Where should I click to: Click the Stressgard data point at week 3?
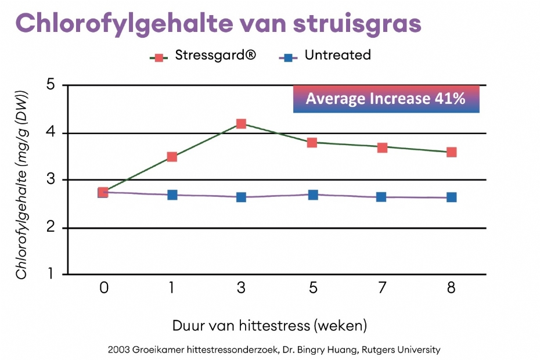point(241,124)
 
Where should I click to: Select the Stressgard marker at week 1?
point(172,157)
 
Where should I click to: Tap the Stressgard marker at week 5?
point(312,143)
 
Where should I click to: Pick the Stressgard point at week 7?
point(382,148)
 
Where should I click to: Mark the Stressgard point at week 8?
point(452,152)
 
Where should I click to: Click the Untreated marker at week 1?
point(172,195)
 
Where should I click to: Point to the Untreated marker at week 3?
point(241,197)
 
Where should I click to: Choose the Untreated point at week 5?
point(313,195)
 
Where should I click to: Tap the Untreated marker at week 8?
point(452,197)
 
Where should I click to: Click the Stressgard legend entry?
point(203,56)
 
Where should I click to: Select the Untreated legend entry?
point(325,56)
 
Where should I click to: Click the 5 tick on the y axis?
point(51,84)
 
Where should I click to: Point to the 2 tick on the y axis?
point(51,227)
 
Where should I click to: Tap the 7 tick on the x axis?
point(382,287)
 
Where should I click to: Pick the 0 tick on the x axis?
point(104,287)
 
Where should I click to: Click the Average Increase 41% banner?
point(386,99)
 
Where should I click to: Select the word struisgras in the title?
point(357,24)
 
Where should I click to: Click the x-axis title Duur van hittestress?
point(241,326)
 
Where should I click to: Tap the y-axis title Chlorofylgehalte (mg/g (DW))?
point(21,185)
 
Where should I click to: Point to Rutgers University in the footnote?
point(401,350)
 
